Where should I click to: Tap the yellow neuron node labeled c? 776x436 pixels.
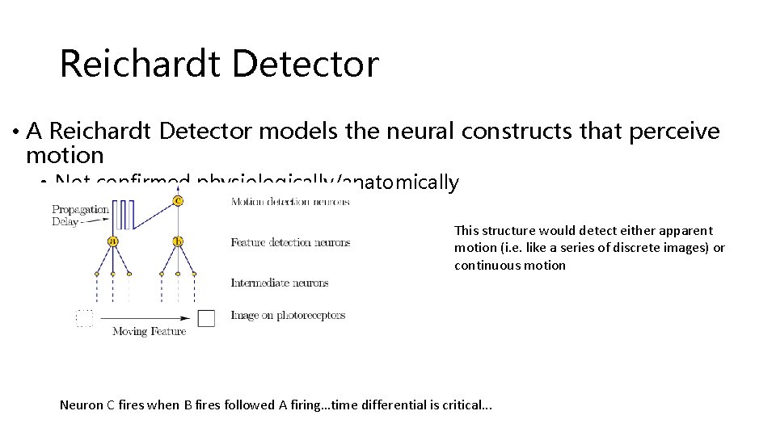[x=178, y=200]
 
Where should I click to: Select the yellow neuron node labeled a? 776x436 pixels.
[x=113, y=241]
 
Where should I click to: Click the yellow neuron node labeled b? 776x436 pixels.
[x=178, y=241]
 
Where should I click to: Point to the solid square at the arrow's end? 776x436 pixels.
[x=206, y=317]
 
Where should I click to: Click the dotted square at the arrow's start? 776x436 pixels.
[x=85, y=317]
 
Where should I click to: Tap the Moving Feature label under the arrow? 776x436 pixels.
[x=149, y=331]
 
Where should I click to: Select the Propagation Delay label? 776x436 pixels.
[x=80, y=215]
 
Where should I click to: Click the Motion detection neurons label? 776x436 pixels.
[x=290, y=202]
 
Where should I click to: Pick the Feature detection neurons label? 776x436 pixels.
[x=290, y=242]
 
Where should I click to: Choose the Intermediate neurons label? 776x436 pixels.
[x=279, y=283]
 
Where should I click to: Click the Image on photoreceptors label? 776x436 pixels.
[x=288, y=315]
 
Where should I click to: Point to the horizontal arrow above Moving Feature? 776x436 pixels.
[x=145, y=318]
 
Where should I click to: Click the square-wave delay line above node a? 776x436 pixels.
[x=123, y=216]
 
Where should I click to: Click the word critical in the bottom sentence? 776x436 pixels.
[x=461, y=405]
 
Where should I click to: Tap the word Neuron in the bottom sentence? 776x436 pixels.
[x=82, y=405]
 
